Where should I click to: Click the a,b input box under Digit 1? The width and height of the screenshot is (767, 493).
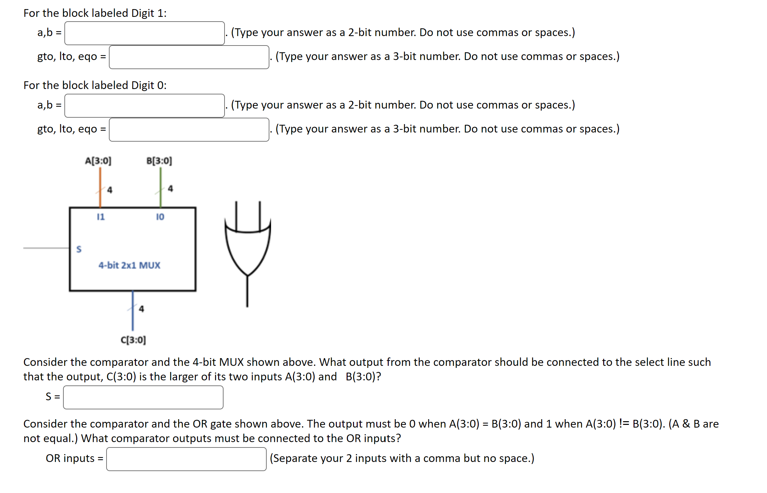[144, 33]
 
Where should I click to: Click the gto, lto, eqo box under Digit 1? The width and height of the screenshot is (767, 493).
[189, 57]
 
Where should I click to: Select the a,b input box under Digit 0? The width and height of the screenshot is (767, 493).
[144, 106]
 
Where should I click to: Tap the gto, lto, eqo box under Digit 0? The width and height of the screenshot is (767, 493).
[189, 129]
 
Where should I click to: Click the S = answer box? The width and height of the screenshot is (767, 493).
[143, 397]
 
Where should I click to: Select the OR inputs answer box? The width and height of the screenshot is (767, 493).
[186, 459]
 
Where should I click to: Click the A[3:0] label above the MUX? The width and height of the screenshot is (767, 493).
[98, 161]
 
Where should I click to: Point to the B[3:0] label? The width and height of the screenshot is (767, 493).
[159, 161]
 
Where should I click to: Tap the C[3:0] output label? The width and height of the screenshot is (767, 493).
[133, 340]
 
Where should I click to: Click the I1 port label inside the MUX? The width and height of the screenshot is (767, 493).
[101, 217]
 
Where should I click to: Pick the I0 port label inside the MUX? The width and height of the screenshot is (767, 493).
[160, 217]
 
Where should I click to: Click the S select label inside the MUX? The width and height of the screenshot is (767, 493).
[79, 249]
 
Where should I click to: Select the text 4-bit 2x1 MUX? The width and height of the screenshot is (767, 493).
[129, 265]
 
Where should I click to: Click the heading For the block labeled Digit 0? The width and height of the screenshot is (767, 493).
[95, 85]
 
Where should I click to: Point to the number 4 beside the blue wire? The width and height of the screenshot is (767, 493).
[141, 309]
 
